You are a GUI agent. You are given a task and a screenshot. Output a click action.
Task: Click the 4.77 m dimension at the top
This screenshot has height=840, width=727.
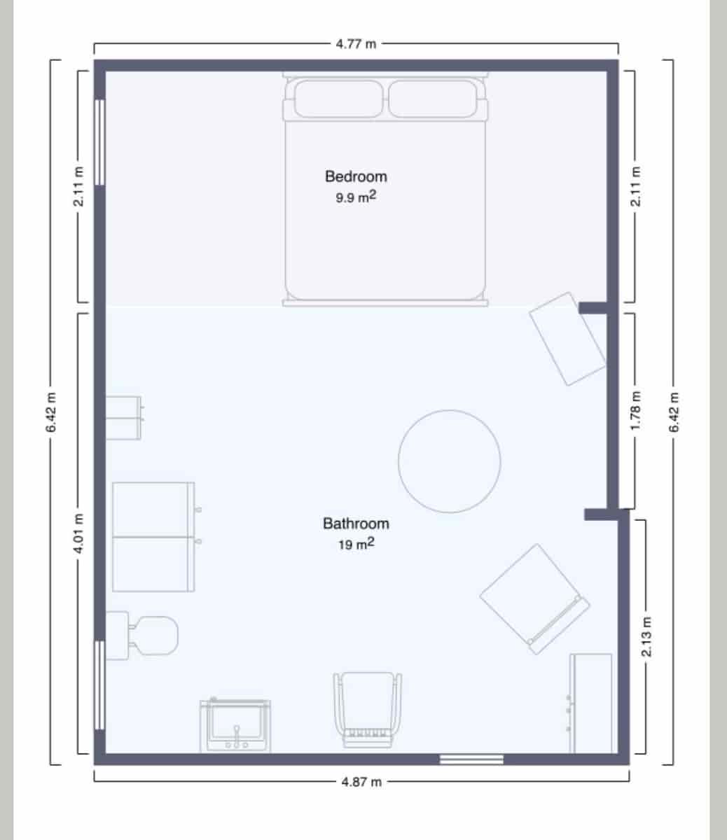point(356,44)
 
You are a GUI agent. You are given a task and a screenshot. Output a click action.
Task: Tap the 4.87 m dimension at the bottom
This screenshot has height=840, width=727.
point(361,782)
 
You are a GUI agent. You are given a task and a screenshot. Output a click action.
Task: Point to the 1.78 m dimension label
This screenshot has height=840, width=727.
point(636,419)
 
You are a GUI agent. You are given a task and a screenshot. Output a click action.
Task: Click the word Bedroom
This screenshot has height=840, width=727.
point(356,176)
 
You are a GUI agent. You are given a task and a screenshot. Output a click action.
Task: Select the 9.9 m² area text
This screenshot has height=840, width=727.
point(356,197)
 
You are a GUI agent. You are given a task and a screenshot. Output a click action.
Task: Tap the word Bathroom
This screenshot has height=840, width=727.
point(356,523)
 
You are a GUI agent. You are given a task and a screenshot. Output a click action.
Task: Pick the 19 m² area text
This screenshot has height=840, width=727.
point(356,544)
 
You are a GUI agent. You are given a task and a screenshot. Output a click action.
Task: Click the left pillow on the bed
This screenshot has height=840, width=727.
point(338,99)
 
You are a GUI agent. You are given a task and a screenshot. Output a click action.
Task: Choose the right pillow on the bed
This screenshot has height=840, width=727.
point(432,99)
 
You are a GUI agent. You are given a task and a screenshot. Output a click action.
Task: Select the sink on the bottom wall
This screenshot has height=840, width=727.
point(235,726)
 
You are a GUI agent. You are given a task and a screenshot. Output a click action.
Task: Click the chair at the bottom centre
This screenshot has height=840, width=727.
point(368,707)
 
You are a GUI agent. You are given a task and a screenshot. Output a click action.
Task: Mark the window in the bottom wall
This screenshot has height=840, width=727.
point(471,759)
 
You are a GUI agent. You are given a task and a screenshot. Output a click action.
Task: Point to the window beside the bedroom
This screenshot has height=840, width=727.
point(99,142)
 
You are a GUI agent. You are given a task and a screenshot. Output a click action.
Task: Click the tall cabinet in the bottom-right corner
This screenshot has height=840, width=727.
point(590,703)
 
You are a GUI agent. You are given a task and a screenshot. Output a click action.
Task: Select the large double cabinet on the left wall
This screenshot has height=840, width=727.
point(153,537)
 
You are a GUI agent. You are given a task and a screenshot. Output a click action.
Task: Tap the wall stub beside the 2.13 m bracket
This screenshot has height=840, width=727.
point(601,514)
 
